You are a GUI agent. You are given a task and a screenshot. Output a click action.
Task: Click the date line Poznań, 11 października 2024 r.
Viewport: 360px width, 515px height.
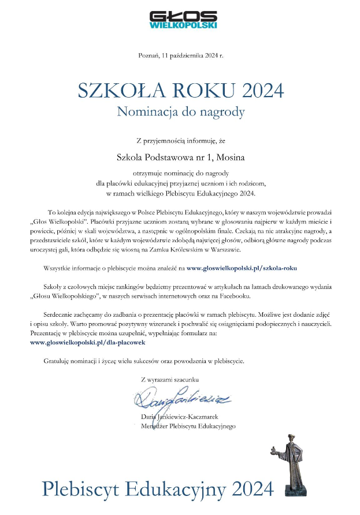coord(180,55)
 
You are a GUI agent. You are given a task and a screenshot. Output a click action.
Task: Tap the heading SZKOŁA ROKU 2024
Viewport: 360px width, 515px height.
coord(181,90)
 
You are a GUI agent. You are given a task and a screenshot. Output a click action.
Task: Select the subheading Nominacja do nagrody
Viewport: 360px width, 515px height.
coord(181,112)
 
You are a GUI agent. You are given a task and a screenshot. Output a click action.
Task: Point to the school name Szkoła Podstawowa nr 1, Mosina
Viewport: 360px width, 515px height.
coord(180,156)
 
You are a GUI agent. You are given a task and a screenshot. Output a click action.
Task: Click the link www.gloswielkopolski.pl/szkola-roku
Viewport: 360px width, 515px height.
coord(241,268)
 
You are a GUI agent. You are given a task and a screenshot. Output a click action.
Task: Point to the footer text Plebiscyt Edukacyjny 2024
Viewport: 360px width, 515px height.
coord(157,489)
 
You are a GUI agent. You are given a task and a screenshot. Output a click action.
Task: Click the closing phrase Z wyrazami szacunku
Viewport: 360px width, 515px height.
coord(169,379)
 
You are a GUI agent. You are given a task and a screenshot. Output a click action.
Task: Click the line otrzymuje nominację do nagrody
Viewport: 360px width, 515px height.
coord(181,172)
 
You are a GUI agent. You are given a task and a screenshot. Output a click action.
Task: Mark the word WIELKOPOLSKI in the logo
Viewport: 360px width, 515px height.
coord(183,25)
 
